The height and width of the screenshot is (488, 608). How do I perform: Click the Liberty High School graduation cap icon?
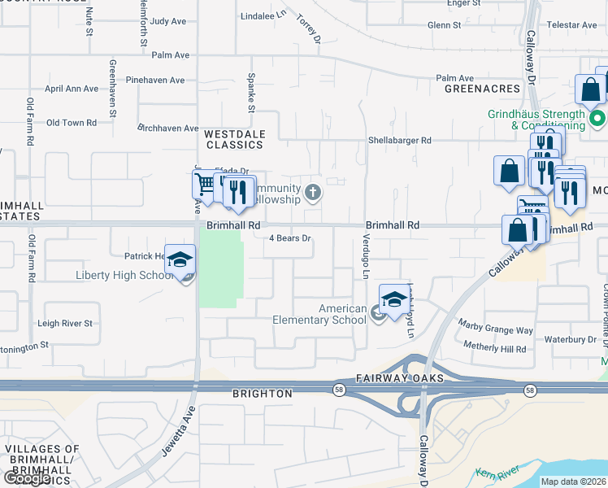[x=180, y=259]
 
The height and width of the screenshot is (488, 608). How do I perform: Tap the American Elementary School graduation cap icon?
[x=394, y=298]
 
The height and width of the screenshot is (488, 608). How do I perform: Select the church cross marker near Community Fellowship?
[x=314, y=193]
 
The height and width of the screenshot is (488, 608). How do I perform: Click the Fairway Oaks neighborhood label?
[x=399, y=379]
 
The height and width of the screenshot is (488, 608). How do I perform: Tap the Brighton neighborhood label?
[x=262, y=394]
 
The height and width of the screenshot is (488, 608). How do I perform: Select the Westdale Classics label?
[x=234, y=138]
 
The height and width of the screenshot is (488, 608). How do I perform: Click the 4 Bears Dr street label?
[x=290, y=238]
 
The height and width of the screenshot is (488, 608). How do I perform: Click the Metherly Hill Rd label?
[x=494, y=348]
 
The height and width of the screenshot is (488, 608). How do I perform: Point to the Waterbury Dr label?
[x=570, y=339]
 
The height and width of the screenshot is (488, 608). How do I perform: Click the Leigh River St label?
[x=65, y=323]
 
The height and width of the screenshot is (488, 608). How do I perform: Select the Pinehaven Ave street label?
[x=155, y=81]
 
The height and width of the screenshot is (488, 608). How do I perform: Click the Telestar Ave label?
[x=580, y=25]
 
